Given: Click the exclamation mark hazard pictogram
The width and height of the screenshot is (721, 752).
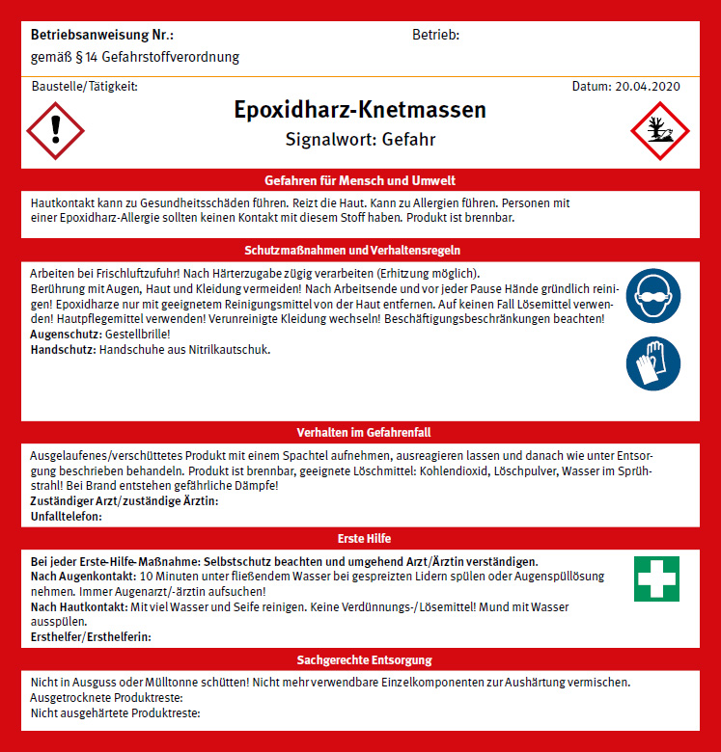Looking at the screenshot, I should coord(56,129).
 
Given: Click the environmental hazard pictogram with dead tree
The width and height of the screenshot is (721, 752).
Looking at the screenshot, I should coord(659,129).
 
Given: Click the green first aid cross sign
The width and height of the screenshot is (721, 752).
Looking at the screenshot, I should coord(656,578).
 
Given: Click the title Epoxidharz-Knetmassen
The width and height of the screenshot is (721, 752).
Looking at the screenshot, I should coord(360,109).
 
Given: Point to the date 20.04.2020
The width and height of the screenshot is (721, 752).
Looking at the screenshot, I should coord(626,86).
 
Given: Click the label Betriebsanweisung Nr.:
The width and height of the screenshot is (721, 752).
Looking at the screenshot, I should coord(89,36).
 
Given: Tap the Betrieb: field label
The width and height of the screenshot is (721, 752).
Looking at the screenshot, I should coord(435,36).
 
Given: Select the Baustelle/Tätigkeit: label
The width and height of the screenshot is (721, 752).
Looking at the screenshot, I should coord(84,86).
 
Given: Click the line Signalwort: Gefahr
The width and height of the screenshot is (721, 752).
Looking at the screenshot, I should coord(360,140).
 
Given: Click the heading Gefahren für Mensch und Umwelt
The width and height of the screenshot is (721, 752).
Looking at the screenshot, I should coord(360,180).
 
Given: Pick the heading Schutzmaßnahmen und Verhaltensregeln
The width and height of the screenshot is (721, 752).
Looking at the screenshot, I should coord(360,251).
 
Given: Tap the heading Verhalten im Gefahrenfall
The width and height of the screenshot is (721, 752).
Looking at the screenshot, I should coord(360,432).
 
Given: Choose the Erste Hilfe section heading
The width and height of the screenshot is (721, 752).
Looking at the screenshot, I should coord(360,538).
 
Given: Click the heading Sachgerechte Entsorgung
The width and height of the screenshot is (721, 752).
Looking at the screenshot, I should coord(360,659).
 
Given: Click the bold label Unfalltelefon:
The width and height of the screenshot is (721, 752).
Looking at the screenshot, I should coord(67,516).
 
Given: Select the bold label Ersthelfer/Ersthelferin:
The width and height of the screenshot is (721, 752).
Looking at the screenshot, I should coord(91,636).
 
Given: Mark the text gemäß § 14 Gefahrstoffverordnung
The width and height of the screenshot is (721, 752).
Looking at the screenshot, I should coord(135,57).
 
